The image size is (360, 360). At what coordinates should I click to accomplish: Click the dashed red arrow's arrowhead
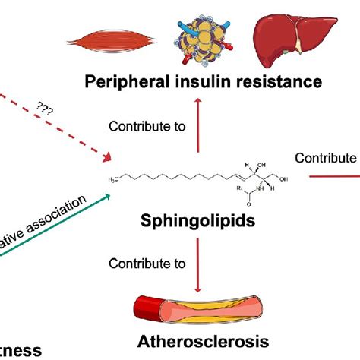tap(106, 158)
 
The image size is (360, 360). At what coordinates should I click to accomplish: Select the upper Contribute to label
tap(147, 126)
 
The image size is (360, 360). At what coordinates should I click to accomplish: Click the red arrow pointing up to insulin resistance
tap(200, 125)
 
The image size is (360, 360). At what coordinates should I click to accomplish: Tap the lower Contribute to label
tap(147, 264)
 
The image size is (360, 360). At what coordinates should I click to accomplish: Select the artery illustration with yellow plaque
tap(198, 308)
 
